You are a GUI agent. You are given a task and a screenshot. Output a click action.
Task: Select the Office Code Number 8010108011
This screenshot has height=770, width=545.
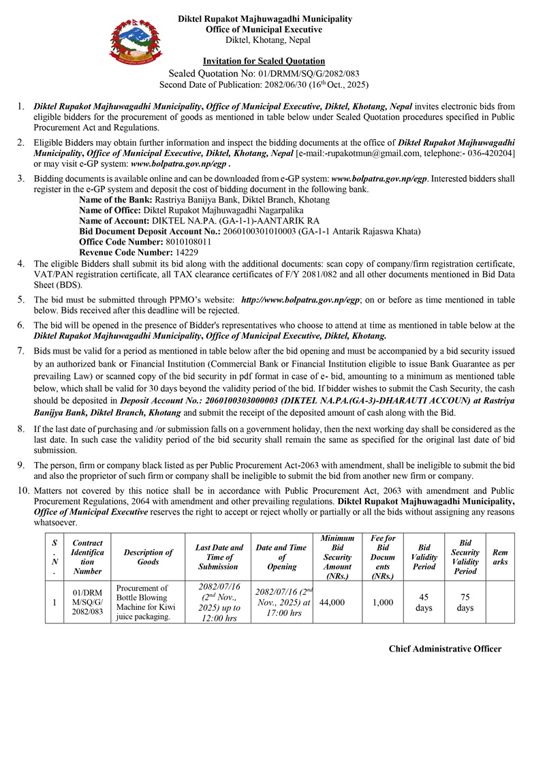(189, 242)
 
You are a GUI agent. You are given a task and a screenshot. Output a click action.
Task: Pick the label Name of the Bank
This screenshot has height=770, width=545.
(114, 200)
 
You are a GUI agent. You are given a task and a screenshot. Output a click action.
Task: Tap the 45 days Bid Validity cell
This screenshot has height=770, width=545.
(424, 602)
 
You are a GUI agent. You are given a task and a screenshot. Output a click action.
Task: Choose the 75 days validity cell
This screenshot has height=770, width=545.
(465, 602)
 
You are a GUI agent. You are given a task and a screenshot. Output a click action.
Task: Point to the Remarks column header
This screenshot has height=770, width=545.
(501, 557)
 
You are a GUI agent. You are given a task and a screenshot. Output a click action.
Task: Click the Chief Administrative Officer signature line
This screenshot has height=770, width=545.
(445, 649)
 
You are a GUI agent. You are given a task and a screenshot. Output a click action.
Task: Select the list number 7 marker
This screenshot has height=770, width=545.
(20, 351)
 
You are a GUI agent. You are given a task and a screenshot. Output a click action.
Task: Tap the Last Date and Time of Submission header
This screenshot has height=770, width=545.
(219, 557)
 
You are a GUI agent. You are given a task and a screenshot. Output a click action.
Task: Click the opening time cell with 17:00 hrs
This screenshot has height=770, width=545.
(282, 602)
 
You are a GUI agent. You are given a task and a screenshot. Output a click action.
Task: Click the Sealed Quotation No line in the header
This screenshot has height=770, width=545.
(264, 74)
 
